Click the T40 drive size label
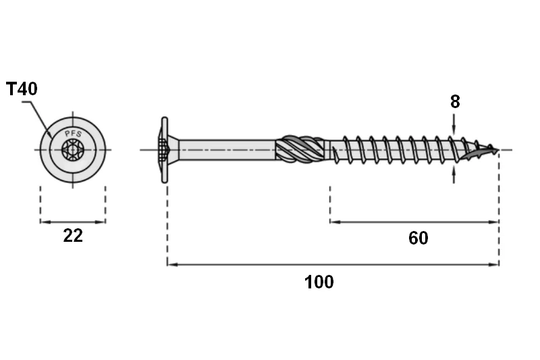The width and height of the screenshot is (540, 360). point(22,89)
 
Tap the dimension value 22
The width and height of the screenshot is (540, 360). point(73,236)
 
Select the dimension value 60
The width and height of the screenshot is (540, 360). point(418,238)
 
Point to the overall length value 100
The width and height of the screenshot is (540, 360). point(319,282)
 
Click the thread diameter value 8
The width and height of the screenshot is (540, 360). point(455,102)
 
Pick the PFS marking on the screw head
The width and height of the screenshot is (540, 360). point(73,134)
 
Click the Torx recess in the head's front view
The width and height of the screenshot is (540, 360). point(73,150)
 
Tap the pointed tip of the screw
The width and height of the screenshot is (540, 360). point(497,150)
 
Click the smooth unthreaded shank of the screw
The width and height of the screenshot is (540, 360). point(227,150)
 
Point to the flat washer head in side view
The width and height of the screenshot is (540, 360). point(165,150)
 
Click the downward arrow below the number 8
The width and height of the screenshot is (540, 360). point(454,124)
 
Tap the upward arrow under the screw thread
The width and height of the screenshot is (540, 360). point(454,174)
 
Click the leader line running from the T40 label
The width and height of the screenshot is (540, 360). point(38,117)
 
